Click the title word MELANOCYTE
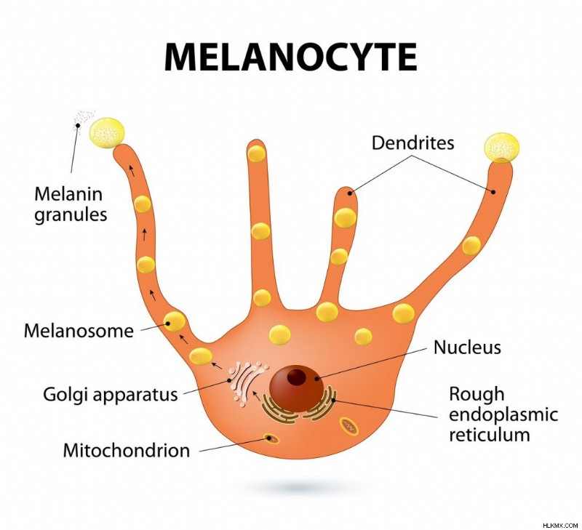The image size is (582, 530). coord(290,57)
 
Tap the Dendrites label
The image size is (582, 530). coord(412,142)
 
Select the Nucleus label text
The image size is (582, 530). coord(467,348)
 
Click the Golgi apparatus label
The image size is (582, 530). coord(111,395)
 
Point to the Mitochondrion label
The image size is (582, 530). coord(126,451)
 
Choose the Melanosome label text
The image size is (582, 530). coord(79,331)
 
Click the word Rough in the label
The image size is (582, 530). coord(477,395)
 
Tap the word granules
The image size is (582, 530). coord(71,215)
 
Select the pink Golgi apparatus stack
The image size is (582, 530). coord(247,384)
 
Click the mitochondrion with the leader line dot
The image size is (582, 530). coord(271,439)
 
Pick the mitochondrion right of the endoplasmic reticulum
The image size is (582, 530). coord(349,427)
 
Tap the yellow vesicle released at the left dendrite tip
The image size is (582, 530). coord(107,133)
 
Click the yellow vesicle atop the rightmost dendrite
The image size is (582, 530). coord(501,148)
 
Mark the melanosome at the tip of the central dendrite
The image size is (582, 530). coord(256,153)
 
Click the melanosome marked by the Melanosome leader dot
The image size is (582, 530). coord(174,321)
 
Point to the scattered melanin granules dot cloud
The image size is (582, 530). coord(84,119)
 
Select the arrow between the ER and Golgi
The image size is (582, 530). coord(256,396)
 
